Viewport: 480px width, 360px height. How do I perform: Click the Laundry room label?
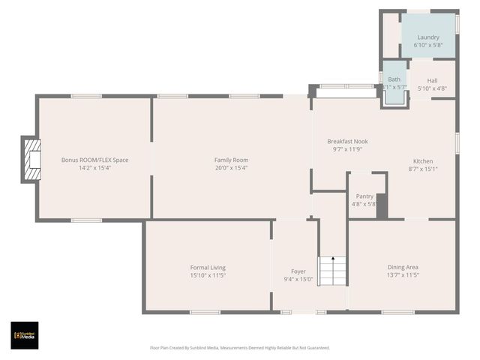click(428, 37)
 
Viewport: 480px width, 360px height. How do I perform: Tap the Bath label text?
click(394, 79)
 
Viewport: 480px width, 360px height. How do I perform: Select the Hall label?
click(432, 80)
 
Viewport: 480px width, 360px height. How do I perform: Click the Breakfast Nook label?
click(347, 141)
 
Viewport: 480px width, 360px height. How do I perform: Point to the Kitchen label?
click(422, 161)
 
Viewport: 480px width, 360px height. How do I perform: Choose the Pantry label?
click(364, 196)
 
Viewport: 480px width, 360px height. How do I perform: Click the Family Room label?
click(231, 160)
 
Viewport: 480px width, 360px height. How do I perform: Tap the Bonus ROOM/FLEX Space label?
click(94, 160)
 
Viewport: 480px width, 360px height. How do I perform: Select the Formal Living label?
click(208, 267)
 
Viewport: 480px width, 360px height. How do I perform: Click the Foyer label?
click(298, 271)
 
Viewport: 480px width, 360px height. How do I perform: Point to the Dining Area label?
click(403, 267)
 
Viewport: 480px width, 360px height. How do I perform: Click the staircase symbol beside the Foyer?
click(332, 271)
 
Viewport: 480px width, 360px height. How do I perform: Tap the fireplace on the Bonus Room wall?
click(31, 159)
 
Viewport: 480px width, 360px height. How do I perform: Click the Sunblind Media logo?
click(24, 335)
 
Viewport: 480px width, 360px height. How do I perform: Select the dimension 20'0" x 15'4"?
click(231, 168)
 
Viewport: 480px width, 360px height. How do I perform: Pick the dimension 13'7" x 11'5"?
click(403, 275)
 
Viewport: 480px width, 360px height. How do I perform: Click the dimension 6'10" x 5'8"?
click(428, 45)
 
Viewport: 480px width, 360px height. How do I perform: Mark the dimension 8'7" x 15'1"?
click(422, 169)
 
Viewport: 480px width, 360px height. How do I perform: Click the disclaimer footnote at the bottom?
click(239, 347)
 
